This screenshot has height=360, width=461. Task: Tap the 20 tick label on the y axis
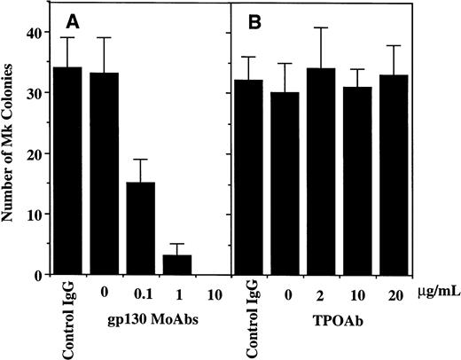point(32,154)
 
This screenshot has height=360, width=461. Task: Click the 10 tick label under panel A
point(215,290)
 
